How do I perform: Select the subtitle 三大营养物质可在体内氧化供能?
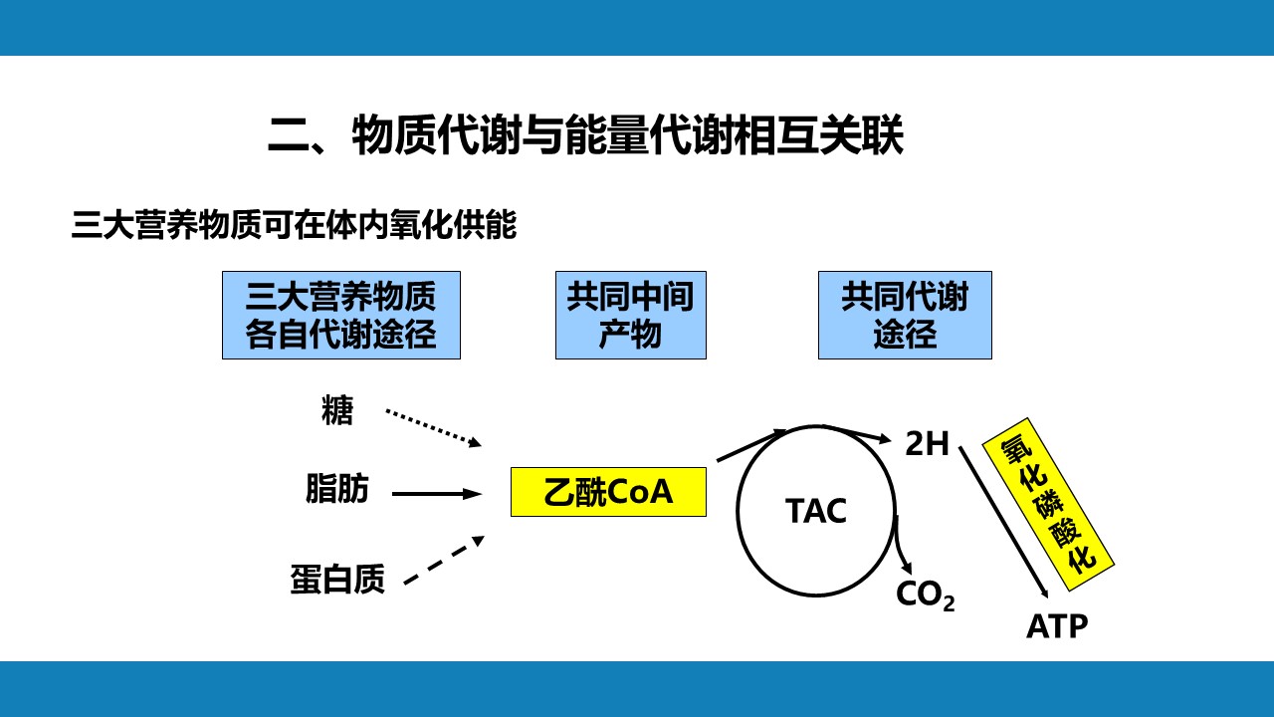tap(294, 225)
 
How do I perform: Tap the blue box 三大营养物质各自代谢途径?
tap(341, 316)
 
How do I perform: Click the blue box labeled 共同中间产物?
tap(631, 316)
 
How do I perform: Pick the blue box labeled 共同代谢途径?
tap(905, 316)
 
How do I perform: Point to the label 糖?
tap(337, 410)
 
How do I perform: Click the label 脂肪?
tap(337, 488)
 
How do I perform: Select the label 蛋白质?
tap(337, 579)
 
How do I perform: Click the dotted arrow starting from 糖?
tap(433, 428)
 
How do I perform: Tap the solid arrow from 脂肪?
tap(437, 494)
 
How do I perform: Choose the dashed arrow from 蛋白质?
tap(444, 560)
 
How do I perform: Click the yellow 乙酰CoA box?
tap(608, 492)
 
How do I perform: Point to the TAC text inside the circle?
tap(815, 511)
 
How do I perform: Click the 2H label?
tap(927, 444)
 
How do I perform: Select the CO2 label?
tap(926, 596)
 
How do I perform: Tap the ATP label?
tap(1057, 626)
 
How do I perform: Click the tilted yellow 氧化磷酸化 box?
tap(1048, 505)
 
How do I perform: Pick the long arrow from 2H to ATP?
tap(1004, 523)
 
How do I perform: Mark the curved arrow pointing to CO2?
tap(902, 547)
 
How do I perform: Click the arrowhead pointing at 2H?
tap(885, 438)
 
